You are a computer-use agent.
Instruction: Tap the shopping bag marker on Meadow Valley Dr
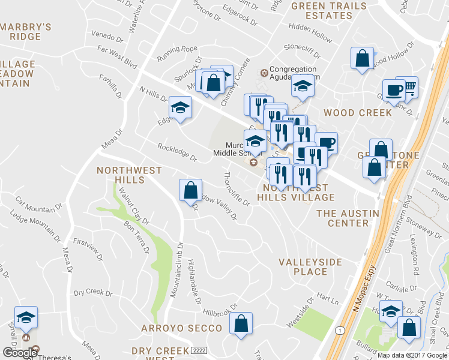190,190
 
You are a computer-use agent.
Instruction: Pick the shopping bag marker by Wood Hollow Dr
362,59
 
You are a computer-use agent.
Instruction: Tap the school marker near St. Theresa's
26,317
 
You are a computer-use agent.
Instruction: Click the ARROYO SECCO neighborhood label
181,328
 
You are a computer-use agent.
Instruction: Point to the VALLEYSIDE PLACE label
310,267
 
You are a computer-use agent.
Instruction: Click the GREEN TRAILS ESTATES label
328,10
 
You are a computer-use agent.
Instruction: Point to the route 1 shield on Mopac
340,331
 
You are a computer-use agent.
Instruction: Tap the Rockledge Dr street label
177,152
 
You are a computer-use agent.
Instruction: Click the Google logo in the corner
20,353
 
